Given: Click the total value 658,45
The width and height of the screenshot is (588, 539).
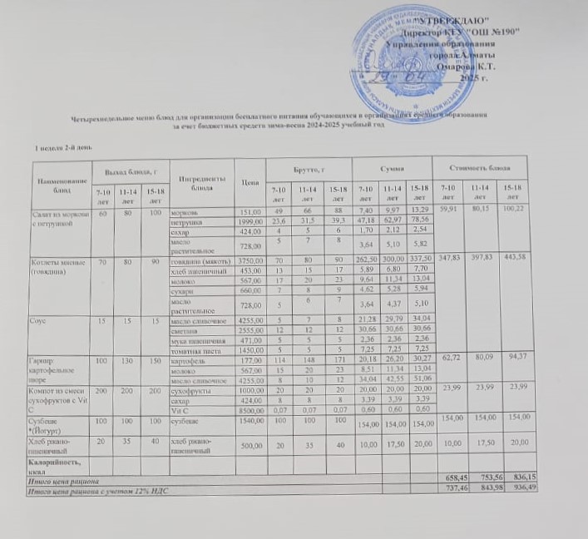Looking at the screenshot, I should tap(449, 481).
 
